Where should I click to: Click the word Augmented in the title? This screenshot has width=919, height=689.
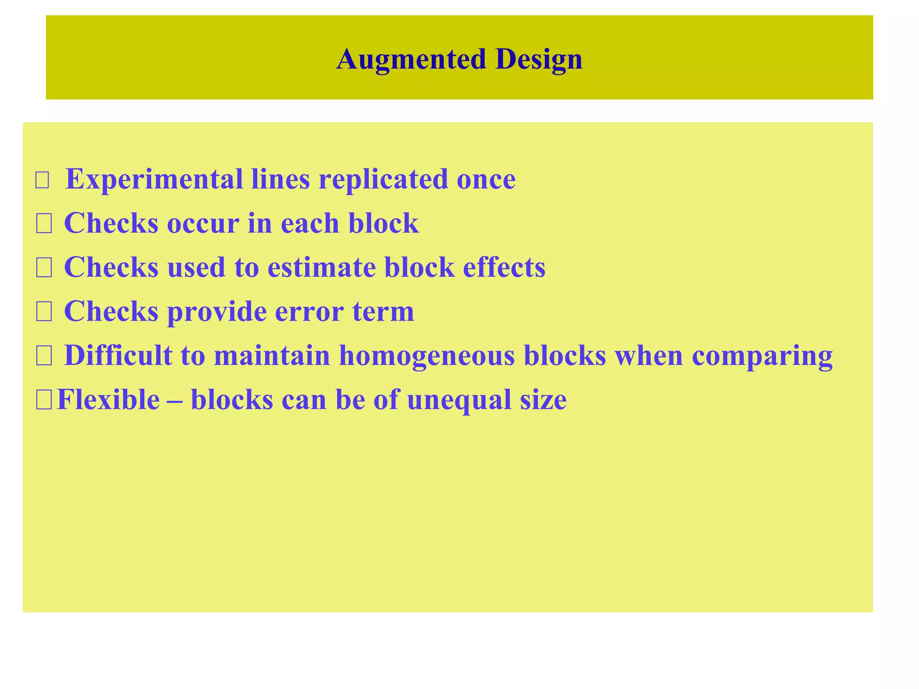(411, 59)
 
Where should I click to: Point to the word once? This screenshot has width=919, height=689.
(486, 180)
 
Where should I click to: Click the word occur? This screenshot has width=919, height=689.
(202, 223)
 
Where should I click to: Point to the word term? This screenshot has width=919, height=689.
(383, 311)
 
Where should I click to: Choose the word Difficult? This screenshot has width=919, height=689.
(118, 355)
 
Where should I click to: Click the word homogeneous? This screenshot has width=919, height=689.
(426, 356)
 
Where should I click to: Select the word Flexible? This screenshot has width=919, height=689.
(108, 399)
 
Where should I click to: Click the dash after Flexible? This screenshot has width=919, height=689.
(175, 400)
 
